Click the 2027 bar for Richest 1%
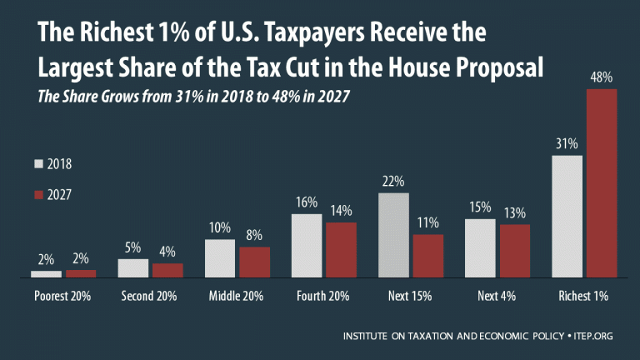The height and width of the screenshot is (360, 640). coord(602,182)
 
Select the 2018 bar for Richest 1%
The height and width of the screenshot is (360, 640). coord(567,216)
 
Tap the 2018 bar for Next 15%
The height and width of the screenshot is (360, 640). coord(394,234)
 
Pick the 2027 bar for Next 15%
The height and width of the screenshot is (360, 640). coord(428,255)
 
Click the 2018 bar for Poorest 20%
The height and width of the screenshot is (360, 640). coord(46,273)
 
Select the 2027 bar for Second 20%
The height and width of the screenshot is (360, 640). coord(167,270)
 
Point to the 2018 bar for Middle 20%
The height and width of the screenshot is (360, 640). coord(220,257)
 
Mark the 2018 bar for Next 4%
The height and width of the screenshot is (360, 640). coord(480,247)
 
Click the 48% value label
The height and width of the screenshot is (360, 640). coord(602,77)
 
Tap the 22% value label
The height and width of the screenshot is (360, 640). coord(393,181)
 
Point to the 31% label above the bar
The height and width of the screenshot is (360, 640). coord(567,143)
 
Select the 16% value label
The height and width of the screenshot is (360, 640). coord(307,202)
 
